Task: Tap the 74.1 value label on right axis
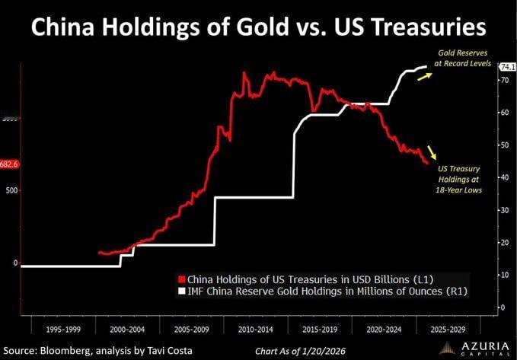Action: [505, 68]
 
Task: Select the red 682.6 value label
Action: [10, 164]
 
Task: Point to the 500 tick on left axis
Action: [11, 190]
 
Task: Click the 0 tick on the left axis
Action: [14, 263]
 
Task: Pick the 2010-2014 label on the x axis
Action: [256, 331]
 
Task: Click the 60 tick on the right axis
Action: [503, 112]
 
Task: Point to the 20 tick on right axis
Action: [503, 242]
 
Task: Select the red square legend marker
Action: [180, 278]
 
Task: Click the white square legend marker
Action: [180, 291]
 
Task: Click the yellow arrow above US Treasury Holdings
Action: [432, 151]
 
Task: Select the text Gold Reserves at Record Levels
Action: [461, 59]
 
